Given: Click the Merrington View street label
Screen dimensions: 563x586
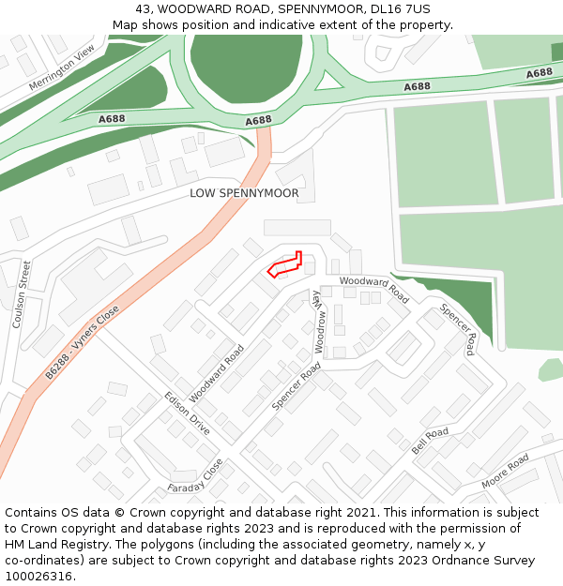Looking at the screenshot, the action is pos(62,68).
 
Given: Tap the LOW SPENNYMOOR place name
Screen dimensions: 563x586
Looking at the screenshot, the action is pos(244,194).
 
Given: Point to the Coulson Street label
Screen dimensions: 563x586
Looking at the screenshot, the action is pos(21,293).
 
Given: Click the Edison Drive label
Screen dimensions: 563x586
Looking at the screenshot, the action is pos(188,413).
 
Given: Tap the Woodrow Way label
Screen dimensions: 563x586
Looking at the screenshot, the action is pos(319,320).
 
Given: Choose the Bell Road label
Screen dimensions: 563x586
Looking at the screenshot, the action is pos(430,441).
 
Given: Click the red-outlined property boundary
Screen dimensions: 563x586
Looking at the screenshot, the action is pos(285,266).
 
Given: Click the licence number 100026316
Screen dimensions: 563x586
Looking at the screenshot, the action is pos(39,577).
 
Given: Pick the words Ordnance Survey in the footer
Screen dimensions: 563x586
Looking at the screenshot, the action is pos(485,561).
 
